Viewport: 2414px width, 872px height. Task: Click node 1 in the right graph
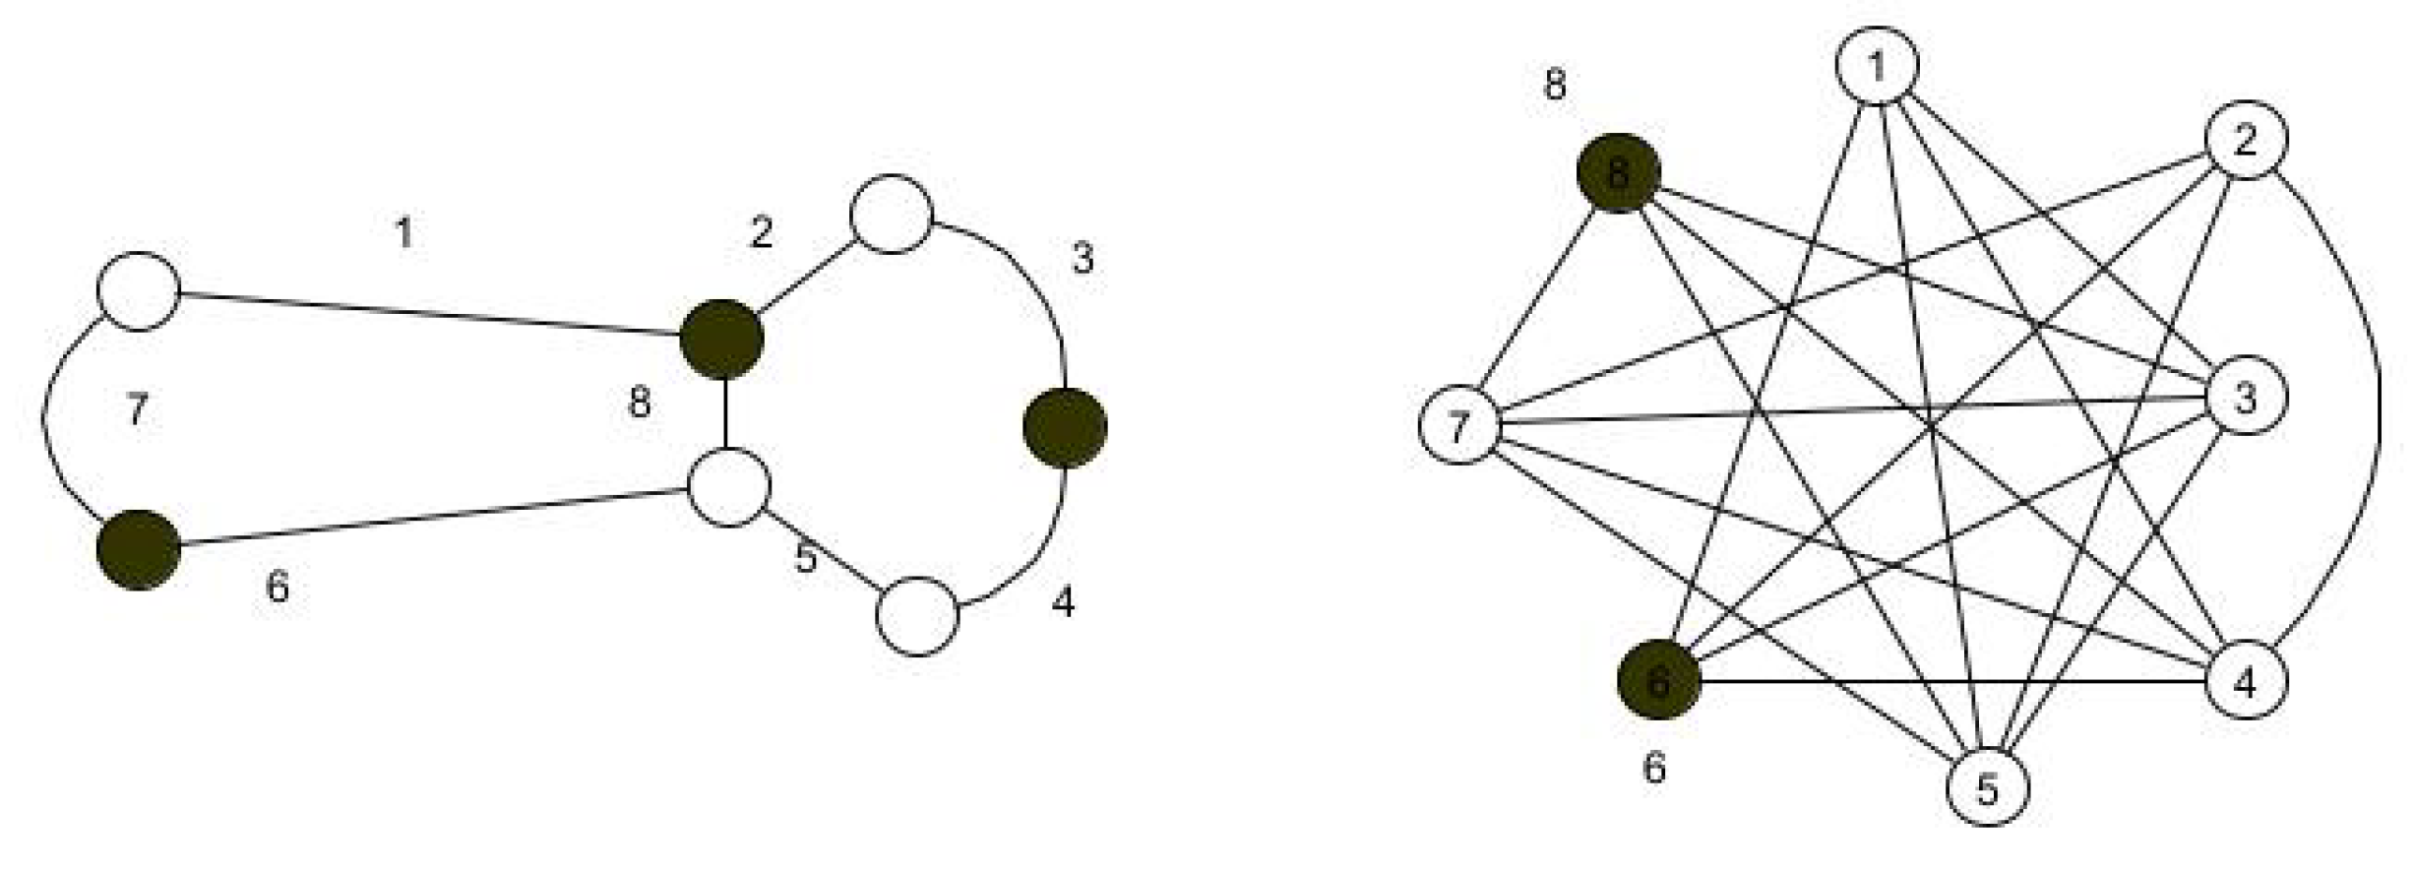1877,66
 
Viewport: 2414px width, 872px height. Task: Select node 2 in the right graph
2246,141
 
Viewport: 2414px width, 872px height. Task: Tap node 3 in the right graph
2246,399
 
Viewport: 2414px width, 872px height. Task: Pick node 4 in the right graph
2246,681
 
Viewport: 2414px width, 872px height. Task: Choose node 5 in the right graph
1988,787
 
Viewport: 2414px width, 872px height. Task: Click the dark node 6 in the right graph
1659,681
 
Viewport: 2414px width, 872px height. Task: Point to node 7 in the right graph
1458,426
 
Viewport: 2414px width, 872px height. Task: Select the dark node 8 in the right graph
1618,173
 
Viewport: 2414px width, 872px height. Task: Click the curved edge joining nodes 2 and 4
2379,394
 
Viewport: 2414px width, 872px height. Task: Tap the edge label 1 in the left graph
403,234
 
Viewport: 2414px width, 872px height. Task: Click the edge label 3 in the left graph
1083,260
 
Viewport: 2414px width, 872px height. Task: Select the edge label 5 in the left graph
806,559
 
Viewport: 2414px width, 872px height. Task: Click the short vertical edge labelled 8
725,413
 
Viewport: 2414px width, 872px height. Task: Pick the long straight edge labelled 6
433,517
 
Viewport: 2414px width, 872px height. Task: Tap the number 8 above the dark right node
1555,86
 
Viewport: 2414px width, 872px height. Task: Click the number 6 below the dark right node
1655,768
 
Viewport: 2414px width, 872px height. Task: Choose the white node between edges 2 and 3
891,215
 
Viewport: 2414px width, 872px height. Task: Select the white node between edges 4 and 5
917,616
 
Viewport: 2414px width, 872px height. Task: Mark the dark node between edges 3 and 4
1065,428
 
